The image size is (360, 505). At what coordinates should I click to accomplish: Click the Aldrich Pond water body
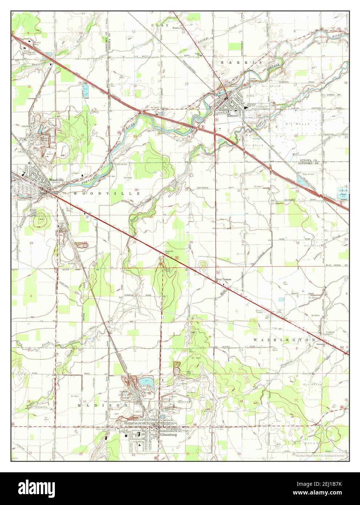pos(341,193)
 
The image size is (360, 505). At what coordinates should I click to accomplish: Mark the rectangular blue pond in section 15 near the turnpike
pos(85,93)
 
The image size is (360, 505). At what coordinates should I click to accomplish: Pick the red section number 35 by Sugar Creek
pos(134,242)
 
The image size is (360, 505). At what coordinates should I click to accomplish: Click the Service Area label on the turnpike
pos(37,43)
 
